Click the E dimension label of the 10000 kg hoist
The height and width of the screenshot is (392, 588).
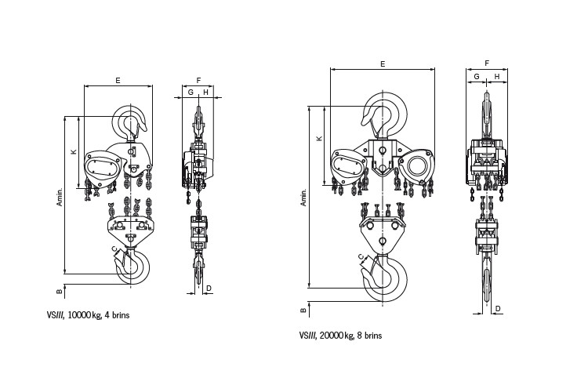click(x=118, y=80)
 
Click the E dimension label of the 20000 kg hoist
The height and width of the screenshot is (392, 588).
click(x=383, y=64)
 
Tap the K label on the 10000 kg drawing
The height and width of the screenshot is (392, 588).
click(x=74, y=151)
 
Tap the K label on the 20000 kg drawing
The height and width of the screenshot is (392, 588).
click(x=319, y=139)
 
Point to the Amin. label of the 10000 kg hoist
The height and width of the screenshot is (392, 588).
click(x=60, y=196)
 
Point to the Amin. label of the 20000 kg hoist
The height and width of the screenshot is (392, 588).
click(x=303, y=197)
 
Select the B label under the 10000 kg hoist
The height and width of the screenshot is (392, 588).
click(x=60, y=292)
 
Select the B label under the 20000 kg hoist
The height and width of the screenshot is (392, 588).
click(x=303, y=310)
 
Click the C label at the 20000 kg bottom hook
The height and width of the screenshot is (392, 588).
click(x=361, y=257)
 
